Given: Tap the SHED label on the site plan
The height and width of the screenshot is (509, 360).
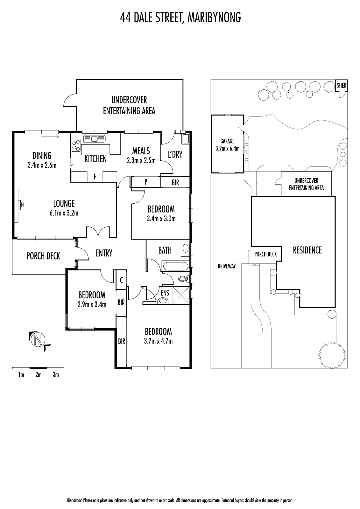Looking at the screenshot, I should click(x=342, y=85).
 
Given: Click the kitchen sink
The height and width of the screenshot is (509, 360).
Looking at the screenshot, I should click(x=94, y=139).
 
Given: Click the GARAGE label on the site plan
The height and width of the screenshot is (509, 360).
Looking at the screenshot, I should click(x=227, y=141).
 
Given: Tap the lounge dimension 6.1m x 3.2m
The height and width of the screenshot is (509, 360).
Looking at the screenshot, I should click(x=64, y=213).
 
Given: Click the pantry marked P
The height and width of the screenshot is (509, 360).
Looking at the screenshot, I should click(x=146, y=182).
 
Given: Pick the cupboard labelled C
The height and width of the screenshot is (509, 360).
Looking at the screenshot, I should click(x=121, y=280).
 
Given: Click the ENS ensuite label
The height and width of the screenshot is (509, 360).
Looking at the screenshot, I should click(x=165, y=292).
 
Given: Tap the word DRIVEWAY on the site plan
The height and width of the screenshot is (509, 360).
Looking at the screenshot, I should click(x=227, y=266).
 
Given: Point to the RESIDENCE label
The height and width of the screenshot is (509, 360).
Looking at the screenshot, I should click(x=307, y=250).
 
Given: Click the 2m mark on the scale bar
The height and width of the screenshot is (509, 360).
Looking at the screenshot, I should click(x=38, y=375).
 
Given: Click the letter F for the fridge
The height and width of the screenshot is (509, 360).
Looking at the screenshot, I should click(x=95, y=177).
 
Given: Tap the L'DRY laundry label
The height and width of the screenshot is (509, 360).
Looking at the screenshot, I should click(x=175, y=154).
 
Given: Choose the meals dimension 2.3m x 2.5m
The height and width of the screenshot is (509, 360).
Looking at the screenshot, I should click(x=141, y=161).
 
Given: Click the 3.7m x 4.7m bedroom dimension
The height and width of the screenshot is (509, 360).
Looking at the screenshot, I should click(x=158, y=341).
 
